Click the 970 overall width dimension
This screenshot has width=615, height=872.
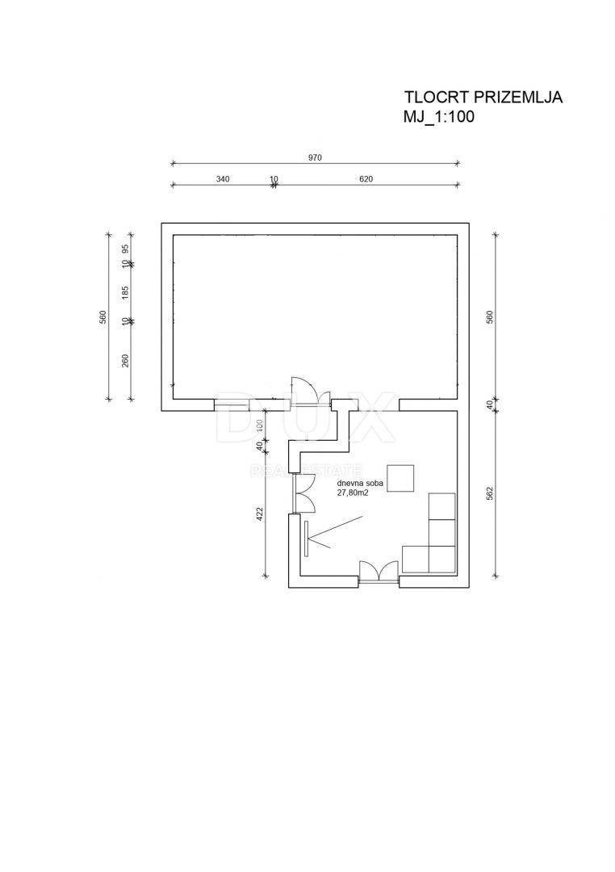(316, 157)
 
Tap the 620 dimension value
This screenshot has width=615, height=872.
(366, 179)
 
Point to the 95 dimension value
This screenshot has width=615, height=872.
(125, 248)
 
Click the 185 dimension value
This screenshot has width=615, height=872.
(125, 292)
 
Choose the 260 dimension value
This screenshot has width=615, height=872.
(125, 361)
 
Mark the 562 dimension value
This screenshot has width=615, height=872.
(490, 494)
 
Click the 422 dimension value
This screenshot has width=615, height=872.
(260, 514)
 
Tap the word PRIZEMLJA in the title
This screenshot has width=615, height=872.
(518, 98)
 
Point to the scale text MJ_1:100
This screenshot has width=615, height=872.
(439, 117)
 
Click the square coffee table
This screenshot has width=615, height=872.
(401, 478)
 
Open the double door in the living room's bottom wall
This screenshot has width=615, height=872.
(379, 572)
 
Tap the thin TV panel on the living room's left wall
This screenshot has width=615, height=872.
(306, 538)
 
